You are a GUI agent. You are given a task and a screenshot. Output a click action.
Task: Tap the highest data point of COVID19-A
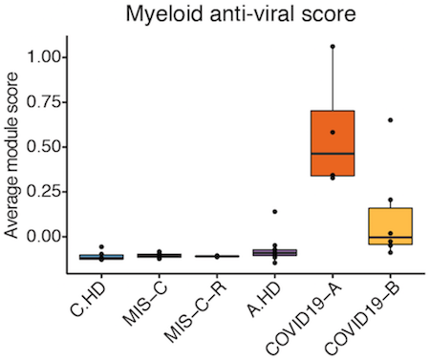[333, 46]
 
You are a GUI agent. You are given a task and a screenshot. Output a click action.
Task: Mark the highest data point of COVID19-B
[390, 120]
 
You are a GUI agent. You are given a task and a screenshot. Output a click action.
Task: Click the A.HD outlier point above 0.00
[275, 211]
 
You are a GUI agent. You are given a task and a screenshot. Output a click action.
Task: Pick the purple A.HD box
[275, 252]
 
